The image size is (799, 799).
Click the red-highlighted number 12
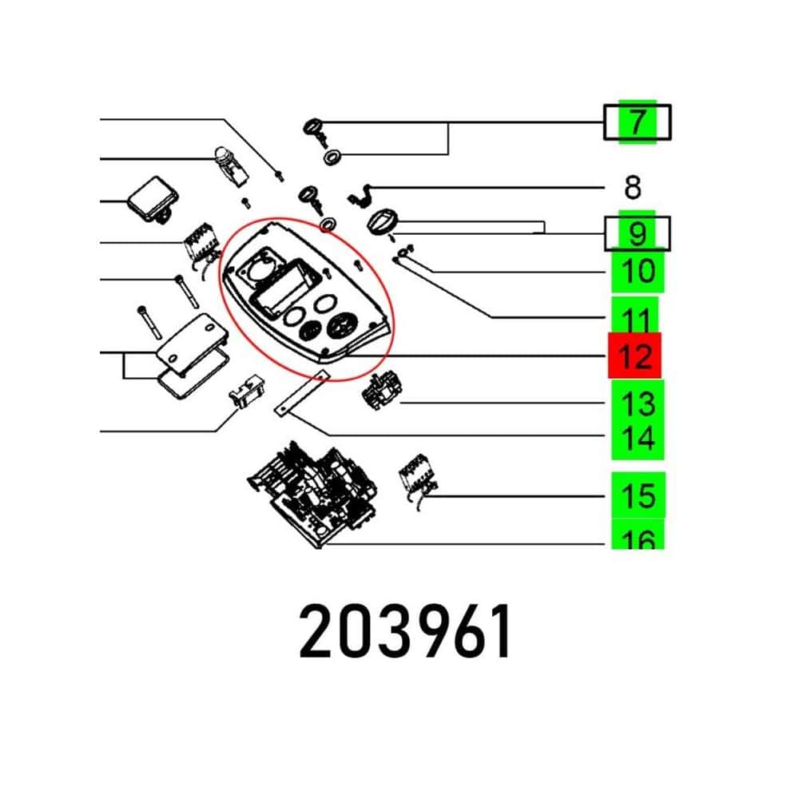(635, 356)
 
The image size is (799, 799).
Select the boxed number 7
(637, 121)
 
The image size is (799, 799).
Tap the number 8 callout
(632, 188)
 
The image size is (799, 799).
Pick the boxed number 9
(637, 234)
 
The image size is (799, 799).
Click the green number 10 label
(638, 271)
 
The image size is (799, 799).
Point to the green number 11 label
(635, 316)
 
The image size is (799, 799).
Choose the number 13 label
(638, 403)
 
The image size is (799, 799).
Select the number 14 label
(638, 438)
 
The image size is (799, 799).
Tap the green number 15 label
(638, 495)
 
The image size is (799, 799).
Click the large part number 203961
(405, 631)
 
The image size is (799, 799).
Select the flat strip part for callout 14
(302, 393)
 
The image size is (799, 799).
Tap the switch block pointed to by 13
(382, 392)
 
